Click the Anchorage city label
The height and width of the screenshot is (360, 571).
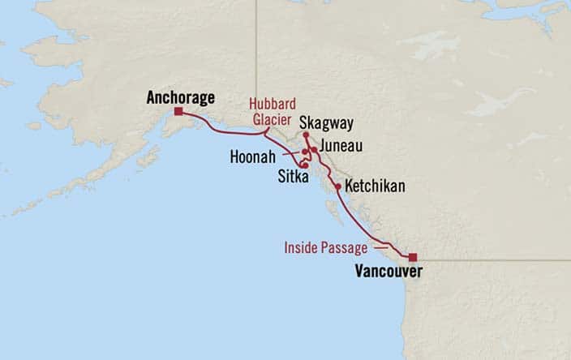coord(181,98)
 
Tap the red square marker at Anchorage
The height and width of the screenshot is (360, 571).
coord(178,112)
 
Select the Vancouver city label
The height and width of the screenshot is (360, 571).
coord(389,272)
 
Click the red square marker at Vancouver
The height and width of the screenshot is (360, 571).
coord(412,256)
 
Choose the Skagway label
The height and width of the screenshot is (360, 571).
coord(324,122)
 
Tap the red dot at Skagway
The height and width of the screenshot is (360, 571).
coord(306,135)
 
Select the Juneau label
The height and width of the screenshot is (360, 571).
coord(341,146)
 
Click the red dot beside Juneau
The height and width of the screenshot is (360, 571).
coord(313,150)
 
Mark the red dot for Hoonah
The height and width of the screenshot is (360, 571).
coord(304,152)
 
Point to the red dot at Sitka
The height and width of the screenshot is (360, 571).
coord(303,165)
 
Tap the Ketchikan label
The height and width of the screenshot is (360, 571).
coord(375,186)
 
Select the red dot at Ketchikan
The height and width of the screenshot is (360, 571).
coord(337,186)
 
